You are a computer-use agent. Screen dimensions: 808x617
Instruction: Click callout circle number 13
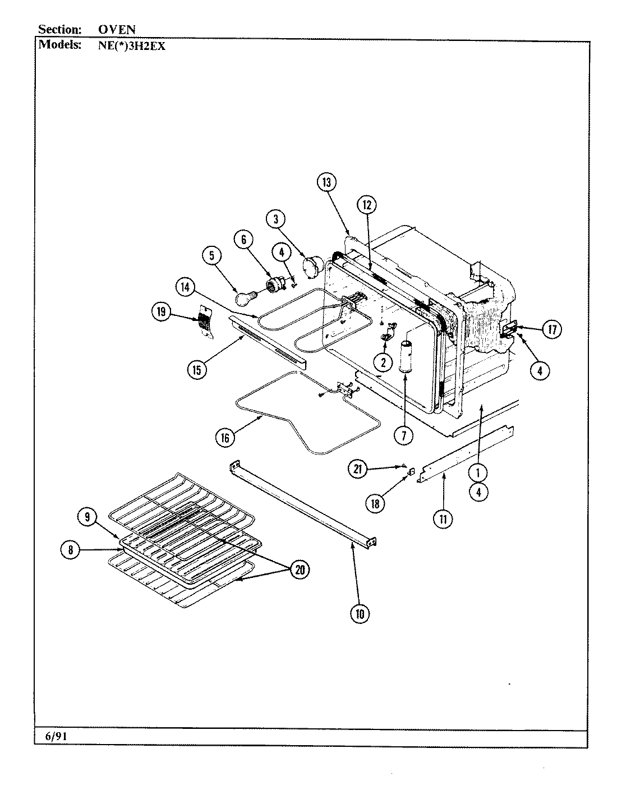click(x=326, y=182)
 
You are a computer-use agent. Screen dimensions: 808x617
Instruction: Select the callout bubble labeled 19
click(x=162, y=311)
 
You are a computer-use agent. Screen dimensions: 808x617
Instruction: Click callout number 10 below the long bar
click(x=360, y=613)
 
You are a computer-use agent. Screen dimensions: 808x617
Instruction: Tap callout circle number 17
click(x=552, y=330)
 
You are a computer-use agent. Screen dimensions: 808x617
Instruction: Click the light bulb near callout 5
click(x=245, y=299)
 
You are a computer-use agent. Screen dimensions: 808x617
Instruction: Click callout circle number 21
click(x=358, y=468)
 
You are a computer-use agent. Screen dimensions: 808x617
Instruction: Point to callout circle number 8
click(x=71, y=550)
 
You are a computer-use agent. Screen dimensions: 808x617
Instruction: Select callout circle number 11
click(x=443, y=520)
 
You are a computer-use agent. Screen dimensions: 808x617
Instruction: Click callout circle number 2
click(x=384, y=362)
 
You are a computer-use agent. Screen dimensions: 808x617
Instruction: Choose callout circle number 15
click(x=197, y=369)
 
